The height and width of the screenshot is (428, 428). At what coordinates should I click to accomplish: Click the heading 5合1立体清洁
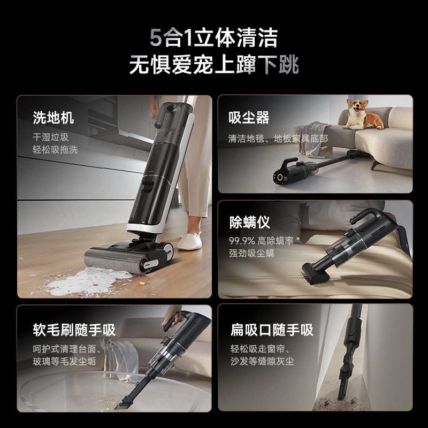pyautogui.click(x=213, y=39)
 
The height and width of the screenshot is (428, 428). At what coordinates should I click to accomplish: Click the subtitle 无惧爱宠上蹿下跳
pyautogui.click(x=213, y=65)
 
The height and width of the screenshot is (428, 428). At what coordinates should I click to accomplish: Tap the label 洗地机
pyautogui.click(x=53, y=118)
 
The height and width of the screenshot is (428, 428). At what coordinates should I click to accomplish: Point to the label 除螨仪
pyautogui.click(x=249, y=222)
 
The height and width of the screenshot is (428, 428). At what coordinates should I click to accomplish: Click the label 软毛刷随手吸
pyautogui.click(x=74, y=329)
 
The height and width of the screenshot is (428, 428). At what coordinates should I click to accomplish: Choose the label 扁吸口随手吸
pyautogui.click(x=272, y=329)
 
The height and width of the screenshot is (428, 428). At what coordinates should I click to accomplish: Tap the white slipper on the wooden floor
pyautogui.click(x=189, y=241)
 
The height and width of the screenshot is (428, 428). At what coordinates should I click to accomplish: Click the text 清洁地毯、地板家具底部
pyautogui.click(x=278, y=139)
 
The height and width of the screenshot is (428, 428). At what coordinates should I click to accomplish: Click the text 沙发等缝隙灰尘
pyautogui.click(x=262, y=361)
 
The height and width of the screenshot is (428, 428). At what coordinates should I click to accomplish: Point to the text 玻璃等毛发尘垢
pyautogui.click(x=64, y=361)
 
